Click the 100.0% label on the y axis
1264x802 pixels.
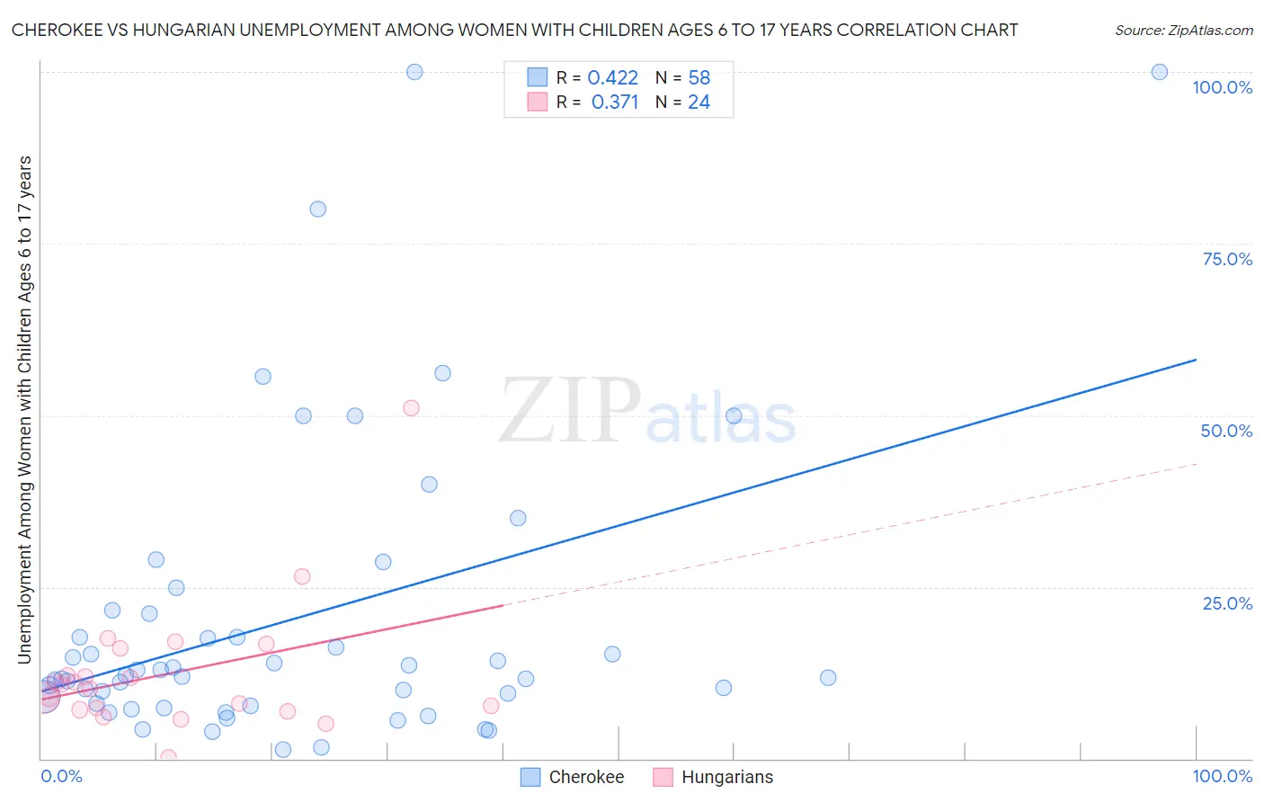(x=1222, y=87)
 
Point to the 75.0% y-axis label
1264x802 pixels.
(x=1227, y=259)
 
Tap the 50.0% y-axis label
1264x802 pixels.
(x=1226, y=431)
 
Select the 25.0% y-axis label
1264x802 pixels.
(x=1227, y=602)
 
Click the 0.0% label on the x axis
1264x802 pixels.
(x=61, y=776)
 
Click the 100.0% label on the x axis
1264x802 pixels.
(x=1222, y=776)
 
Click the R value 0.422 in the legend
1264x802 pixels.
(x=612, y=77)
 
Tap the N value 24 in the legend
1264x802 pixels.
(x=699, y=102)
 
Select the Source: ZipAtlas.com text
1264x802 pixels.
(x=1183, y=30)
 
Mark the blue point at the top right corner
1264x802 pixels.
(x=1160, y=72)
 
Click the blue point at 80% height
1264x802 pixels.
(x=317, y=209)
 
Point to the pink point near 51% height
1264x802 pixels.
(x=411, y=407)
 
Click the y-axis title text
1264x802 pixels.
(x=24, y=409)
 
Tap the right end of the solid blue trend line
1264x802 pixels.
(x=1196, y=360)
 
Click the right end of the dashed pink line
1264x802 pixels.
(x=1197, y=464)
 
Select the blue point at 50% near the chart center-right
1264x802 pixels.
(x=734, y=415)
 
